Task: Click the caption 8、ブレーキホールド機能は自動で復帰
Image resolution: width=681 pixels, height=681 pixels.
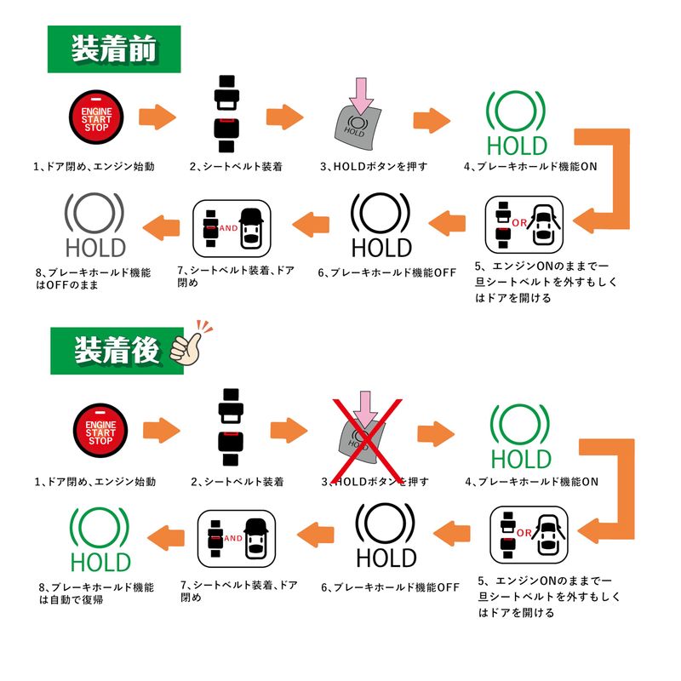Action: [95, 592]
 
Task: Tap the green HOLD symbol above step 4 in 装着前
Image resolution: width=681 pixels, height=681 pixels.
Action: [518, 123]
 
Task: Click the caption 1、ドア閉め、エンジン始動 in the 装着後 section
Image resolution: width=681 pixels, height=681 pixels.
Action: [95, 482]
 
